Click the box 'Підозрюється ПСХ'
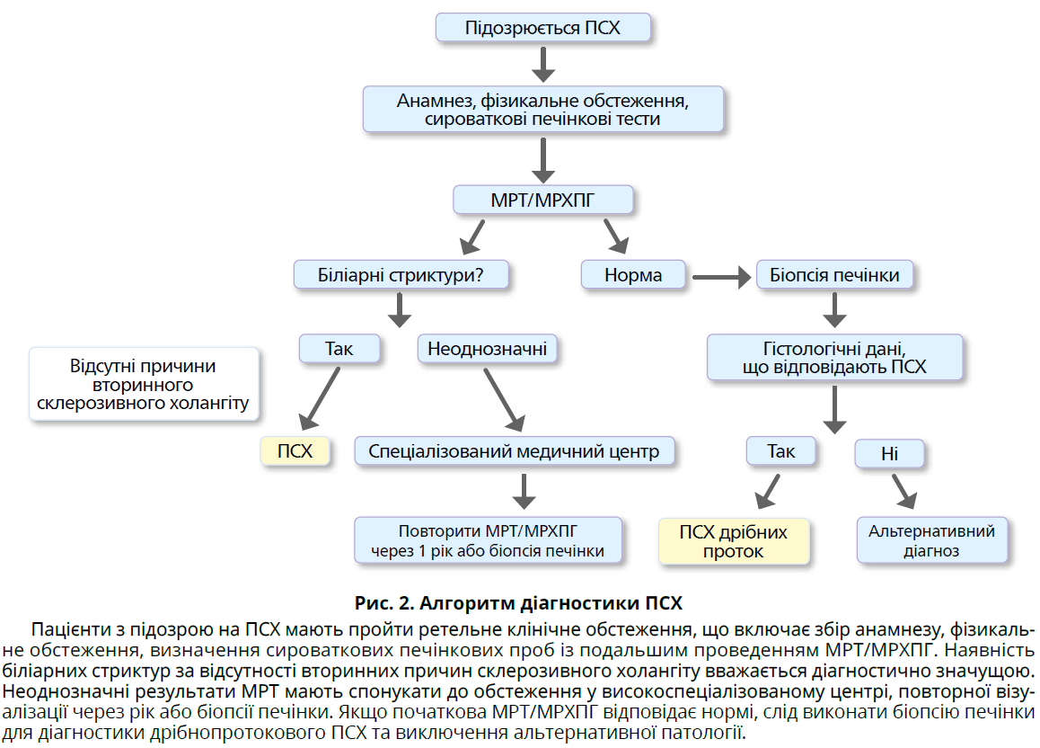pos(542,27)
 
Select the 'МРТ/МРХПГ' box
pos(542,199)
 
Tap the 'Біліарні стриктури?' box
pos(401,274)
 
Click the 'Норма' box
pos(633,274)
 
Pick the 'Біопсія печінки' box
pos(834,274)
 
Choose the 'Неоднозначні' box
pos(487,348)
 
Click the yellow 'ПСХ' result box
pos(295,450)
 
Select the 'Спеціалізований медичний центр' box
pos(514,450)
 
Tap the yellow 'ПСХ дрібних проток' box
pos(734,541)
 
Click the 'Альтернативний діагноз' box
pos(931,540)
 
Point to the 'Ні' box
pos(889,454)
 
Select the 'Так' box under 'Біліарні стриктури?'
pos(339,348)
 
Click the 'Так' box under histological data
pos(781,450)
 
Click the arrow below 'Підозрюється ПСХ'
pos(543,63)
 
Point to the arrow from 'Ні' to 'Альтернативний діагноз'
pos(904,491)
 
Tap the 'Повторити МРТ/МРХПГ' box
pos(488,540)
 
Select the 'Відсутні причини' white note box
pos(143,384)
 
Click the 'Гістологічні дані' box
pos(834,357)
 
